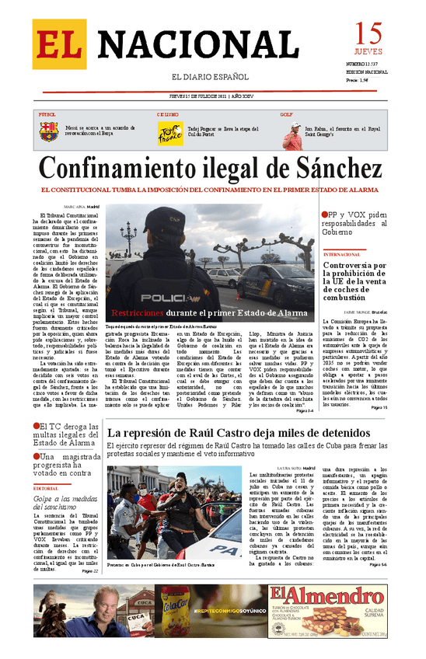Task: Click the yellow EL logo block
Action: tap(59, 44)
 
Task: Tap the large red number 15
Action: tap(369, 35)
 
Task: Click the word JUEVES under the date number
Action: tap(368, 52)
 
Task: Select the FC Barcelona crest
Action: tap(49, 131)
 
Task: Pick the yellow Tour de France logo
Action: tap(170, 131)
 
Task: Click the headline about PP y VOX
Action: tap(358, 222)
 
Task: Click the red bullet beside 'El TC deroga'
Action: tap(37, 426)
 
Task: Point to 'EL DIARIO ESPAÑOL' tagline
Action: tap(209, 78)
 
